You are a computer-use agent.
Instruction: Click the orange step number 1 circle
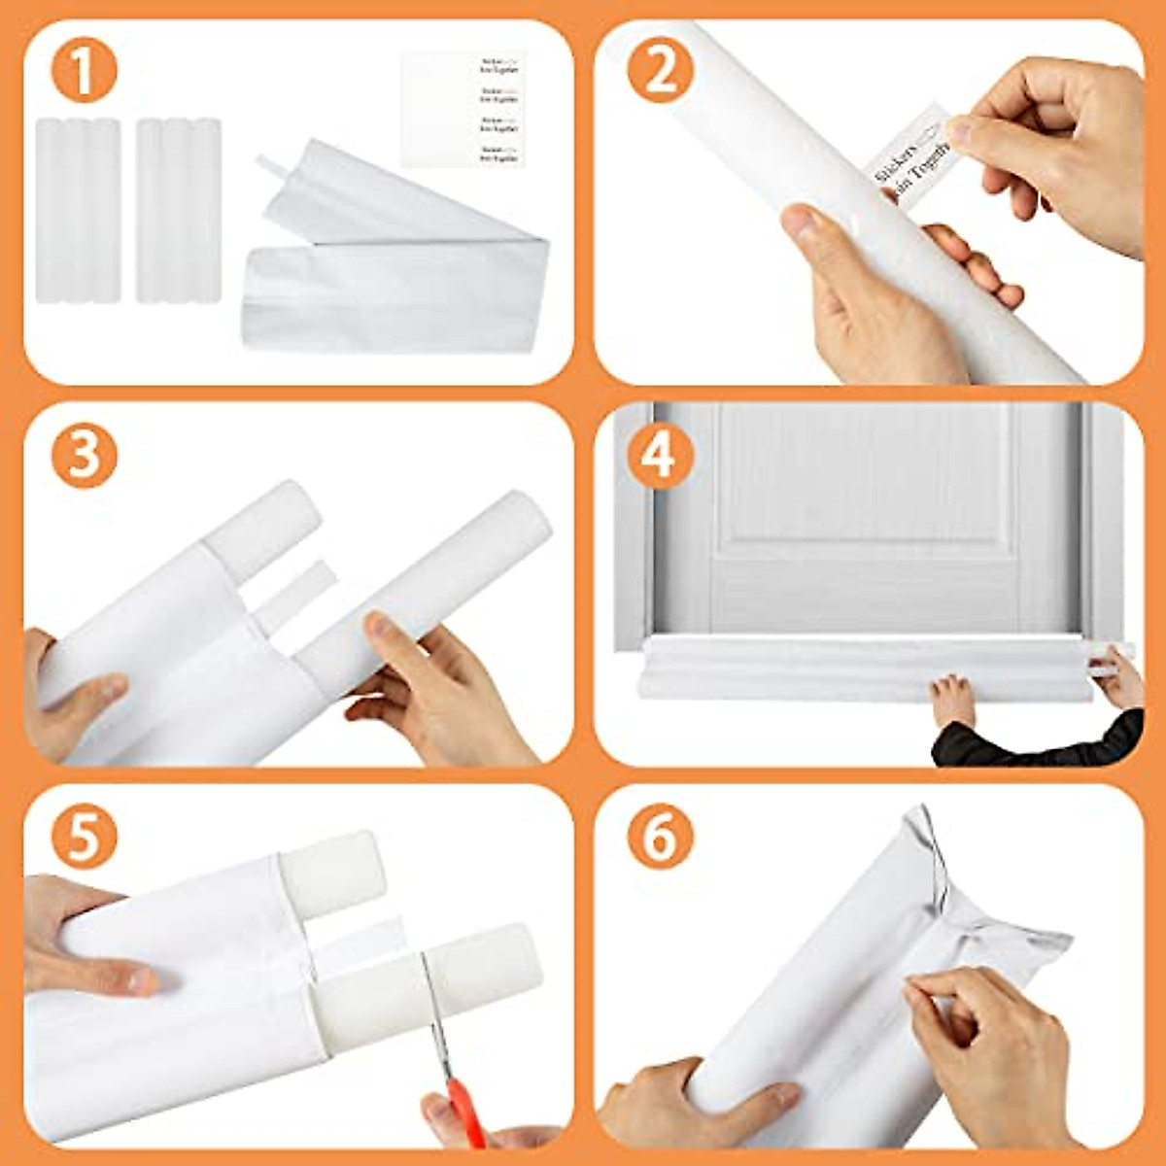coord(85,72)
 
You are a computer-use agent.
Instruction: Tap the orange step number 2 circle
coord(660,72)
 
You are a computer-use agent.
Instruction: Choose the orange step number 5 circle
coord(85,837)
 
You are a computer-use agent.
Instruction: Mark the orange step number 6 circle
coord(660,837)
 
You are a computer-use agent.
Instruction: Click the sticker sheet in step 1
coord(463,109)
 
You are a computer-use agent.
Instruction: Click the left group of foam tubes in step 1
coord(78,209)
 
